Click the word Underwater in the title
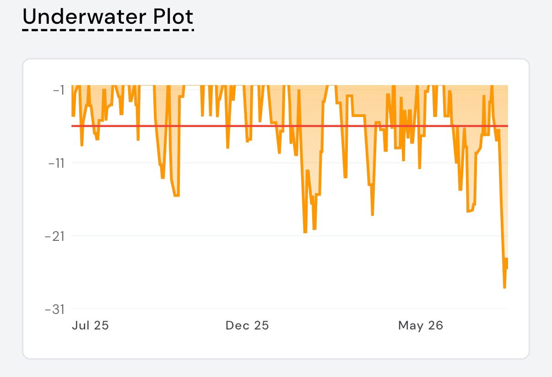85,17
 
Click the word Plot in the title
173,17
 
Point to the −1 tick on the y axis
59,90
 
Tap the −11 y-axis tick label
56,163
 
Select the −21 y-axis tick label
54,237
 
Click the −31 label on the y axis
54,309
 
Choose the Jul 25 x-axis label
90,325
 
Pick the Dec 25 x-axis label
247,325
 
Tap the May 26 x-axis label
421,326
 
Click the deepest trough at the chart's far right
504,287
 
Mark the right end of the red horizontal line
508,126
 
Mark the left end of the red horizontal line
72,126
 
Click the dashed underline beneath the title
108,30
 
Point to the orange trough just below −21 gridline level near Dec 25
305,232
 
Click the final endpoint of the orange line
508,268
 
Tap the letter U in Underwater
30,17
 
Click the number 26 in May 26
436,325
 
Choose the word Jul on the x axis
81,325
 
